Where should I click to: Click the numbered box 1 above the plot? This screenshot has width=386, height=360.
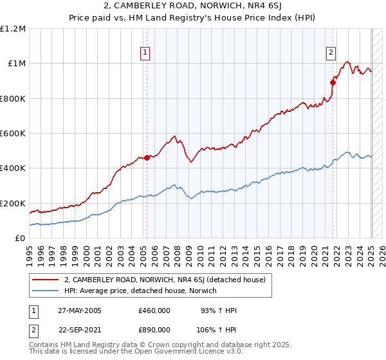[x=146, y=53]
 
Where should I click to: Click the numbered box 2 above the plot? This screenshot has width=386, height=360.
[x=331, y=53]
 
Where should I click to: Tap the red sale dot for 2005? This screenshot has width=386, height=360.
[x=147, y=157]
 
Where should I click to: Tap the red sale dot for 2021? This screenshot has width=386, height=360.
[x=333, y=82]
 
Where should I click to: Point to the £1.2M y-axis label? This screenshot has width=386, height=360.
[x=13, y=29]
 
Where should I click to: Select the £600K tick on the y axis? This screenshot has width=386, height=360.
[x=13, y=134]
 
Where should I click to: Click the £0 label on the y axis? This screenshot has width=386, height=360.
[x=20, y=239]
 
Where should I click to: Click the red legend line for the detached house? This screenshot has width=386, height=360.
[x=45, y=280]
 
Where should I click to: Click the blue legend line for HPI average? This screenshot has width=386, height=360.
[x=45, y=291]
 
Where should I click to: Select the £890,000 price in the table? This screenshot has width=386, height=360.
[x=154, y=329]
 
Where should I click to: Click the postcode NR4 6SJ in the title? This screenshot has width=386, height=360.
[x=256, y=7]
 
